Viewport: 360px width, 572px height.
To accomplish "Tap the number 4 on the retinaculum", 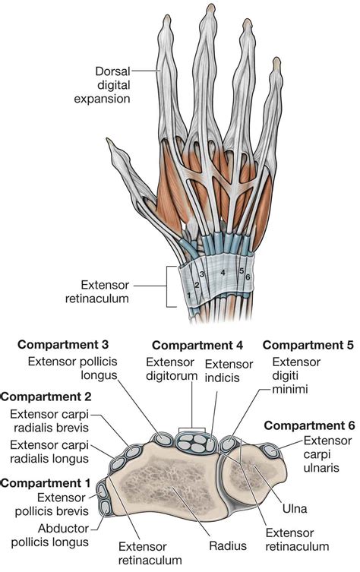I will pyautogui.click(x=223, y=271).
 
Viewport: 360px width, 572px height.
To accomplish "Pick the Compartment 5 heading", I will pyautogui.click(x=307, y=346).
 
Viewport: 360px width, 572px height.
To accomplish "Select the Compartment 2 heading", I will pyautogui.click(x=46, y=396).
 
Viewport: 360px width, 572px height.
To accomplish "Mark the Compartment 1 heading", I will pyautogui.click(x=47, y=482).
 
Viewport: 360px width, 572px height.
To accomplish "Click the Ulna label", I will pyautogui.click(x=305, y=504).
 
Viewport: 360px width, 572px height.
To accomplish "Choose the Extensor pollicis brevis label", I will pyautogui.click(x=58, y=504).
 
